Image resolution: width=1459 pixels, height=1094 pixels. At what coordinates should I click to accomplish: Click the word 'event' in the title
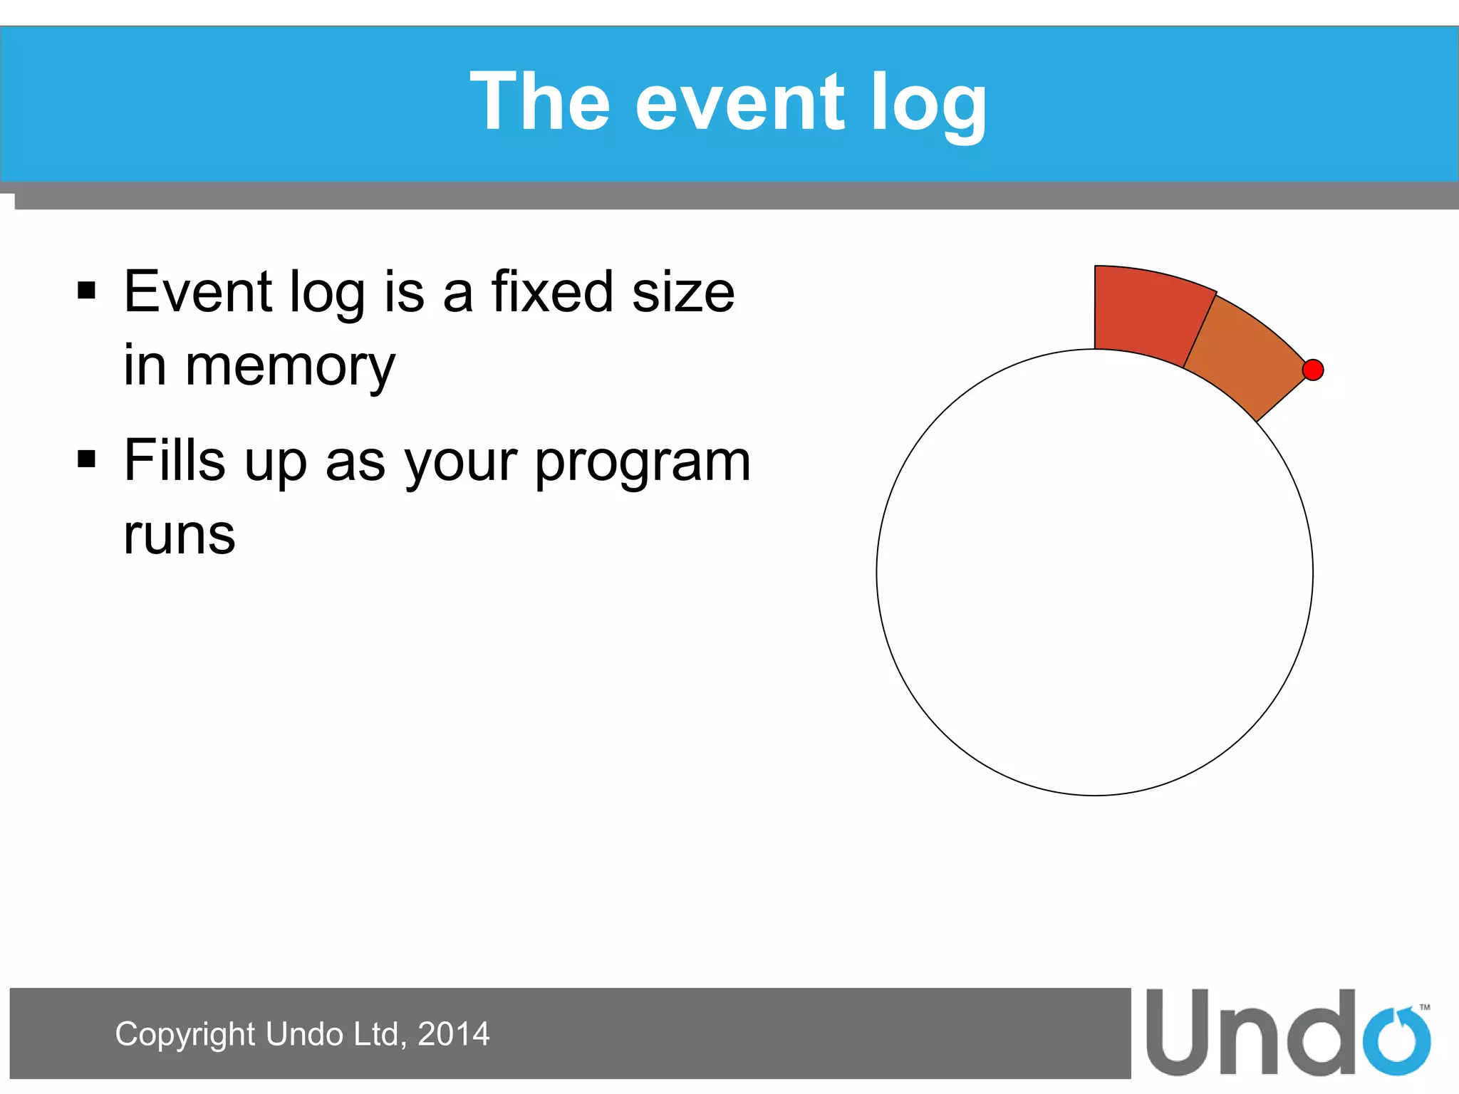[x=739, y=104]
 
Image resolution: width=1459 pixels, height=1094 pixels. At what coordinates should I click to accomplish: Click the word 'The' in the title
[x=539, y=103]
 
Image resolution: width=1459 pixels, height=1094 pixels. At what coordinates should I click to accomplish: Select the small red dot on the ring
[x=1312, y=370]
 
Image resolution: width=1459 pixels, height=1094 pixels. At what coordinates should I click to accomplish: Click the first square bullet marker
[x=86, y=291]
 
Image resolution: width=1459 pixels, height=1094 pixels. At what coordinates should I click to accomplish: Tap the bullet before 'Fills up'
[x=86, y=459]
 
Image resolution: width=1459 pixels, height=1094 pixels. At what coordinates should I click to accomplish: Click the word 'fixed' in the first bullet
[x=552, y=291]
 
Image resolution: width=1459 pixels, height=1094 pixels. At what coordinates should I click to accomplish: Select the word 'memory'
[x=290, y=367]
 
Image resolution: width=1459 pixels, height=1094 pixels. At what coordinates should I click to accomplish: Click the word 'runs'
[x=179, y=536]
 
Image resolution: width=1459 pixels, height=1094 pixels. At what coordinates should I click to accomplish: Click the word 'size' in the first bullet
[x=682, y=291]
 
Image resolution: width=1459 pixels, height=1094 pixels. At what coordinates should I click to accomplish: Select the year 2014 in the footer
[x=453, y=1034]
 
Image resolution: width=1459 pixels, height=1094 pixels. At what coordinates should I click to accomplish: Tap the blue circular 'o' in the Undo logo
[x=1396, y=1041]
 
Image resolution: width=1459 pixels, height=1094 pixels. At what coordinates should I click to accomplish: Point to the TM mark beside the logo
[x=1424, y=1007]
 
